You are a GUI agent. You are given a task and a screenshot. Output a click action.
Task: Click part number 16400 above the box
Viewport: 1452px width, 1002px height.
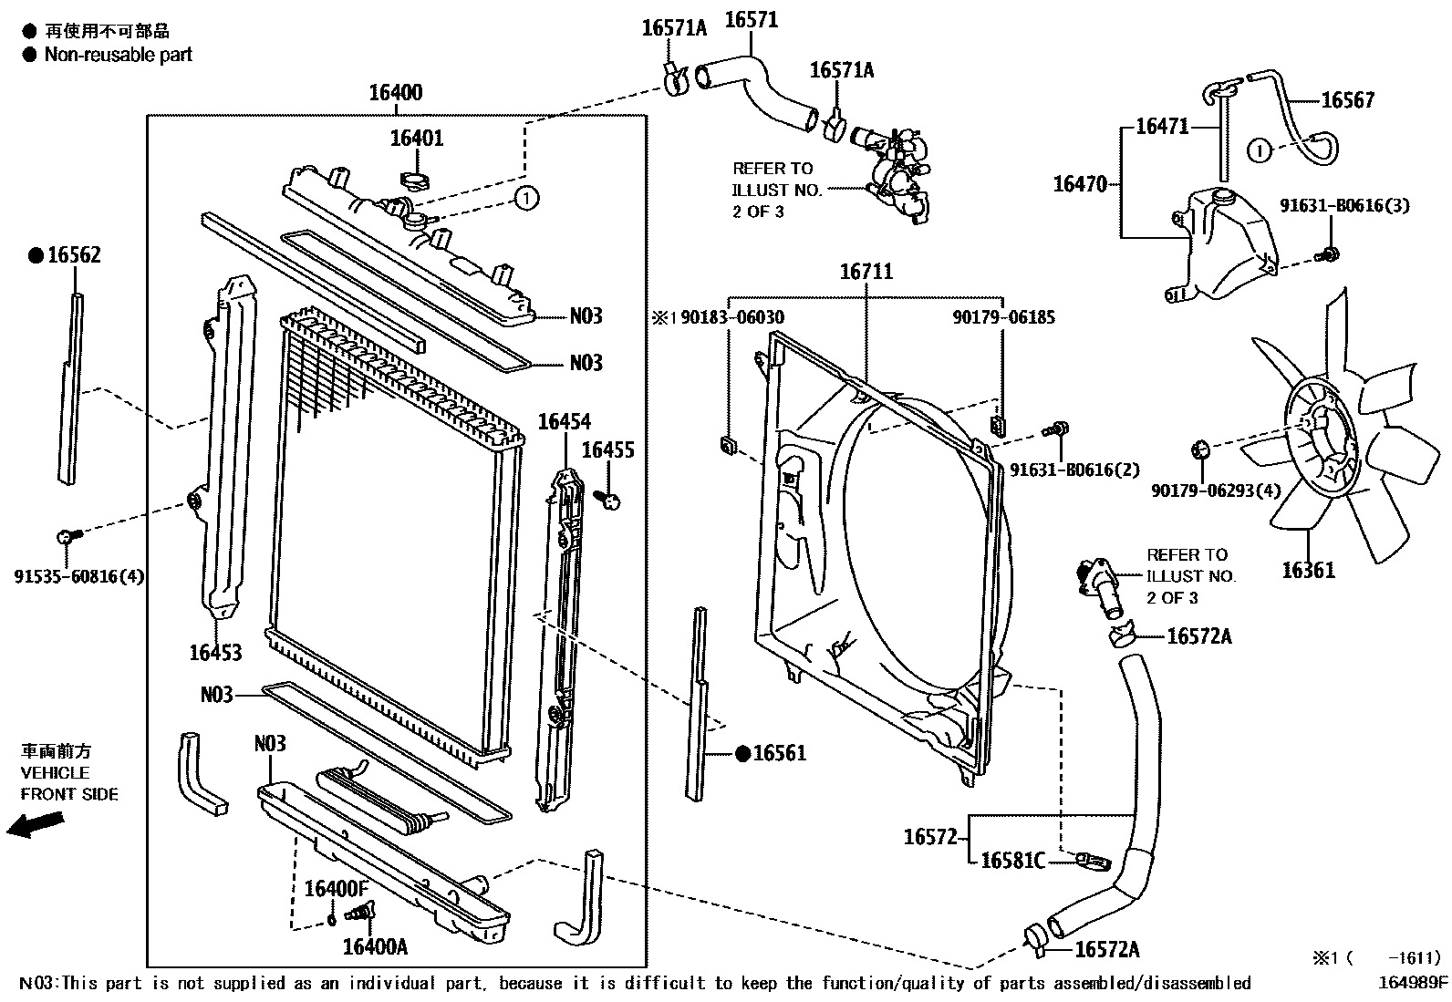click(395, 93)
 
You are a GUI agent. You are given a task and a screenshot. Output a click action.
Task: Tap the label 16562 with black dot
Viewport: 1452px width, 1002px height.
click(73, 256)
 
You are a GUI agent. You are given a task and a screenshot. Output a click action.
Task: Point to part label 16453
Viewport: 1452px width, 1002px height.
click(215, 653)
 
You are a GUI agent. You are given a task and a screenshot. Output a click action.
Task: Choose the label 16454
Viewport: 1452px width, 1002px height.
click(564, 422)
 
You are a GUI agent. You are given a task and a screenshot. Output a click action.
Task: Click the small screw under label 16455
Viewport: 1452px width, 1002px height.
click(608, 498)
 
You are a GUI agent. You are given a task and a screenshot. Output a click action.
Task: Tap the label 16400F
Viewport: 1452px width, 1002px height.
click(335, 889)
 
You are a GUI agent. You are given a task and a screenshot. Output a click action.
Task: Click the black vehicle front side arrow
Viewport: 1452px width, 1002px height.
click(35, 824)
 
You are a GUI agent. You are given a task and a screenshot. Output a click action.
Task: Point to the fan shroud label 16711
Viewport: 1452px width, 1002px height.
click(866, 272)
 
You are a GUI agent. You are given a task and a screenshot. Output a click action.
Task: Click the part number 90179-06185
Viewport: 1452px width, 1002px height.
click(1003, 318)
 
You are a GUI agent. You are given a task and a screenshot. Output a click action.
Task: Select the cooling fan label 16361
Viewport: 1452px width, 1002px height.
click(1308, 571)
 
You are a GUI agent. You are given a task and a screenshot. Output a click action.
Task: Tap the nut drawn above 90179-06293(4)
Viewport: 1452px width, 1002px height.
click(1201, 448)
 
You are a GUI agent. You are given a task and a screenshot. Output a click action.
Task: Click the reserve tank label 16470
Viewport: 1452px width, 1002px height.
click(1080, 184)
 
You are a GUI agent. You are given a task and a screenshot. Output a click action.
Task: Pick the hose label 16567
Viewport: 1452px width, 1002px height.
click(1347, 100)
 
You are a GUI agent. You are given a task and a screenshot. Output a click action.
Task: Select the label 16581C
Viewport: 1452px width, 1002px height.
click(1011, 861)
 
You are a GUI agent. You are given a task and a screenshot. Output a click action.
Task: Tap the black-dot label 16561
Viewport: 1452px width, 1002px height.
click(781, 753)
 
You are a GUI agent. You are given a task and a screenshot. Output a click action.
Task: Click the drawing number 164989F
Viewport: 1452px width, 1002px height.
click(1413, 983)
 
